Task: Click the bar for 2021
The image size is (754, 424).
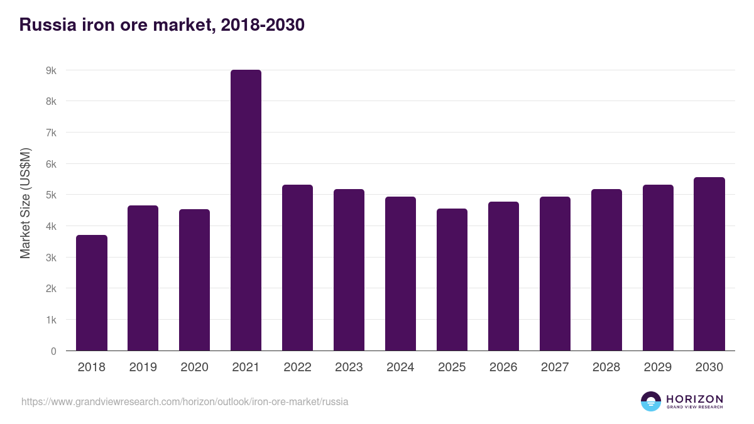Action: click(246, 210)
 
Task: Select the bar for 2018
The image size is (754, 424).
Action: click(92, 293)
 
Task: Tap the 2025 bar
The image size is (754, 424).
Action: click(452, 280)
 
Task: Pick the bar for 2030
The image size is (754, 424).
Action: click(709, 264)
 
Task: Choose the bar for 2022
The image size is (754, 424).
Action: click(297, 268)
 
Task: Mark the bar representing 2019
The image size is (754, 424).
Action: click(143, 278)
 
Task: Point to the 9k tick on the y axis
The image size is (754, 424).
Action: click(51, 70)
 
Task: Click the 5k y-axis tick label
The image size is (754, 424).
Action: click(51, 195)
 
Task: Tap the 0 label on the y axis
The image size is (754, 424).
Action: click(53, 351)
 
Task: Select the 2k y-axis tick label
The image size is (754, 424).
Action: click(51, 288)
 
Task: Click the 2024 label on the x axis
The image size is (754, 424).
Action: click(400, 367)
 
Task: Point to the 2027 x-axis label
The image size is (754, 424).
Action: click(555, 367)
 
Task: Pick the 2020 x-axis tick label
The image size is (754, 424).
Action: click(194, 367)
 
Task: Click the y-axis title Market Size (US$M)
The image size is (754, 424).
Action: click(25, 203)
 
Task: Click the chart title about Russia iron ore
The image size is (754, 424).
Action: click(162, 24)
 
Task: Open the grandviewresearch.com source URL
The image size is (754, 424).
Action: click(185, 401)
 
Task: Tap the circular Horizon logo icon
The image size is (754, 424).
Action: click(651, 401)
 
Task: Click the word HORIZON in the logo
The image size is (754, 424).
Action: click(694, 399)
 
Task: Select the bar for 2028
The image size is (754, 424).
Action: click(606, 270)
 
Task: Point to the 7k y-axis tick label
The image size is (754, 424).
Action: click(51, 133)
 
